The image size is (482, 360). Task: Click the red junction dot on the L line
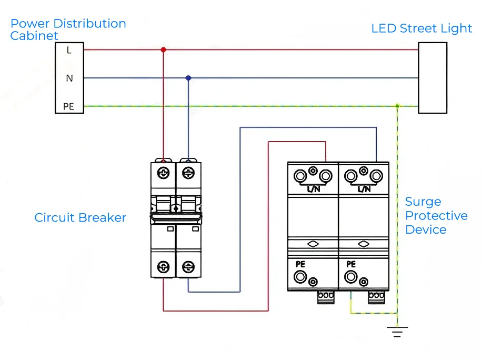[x=163, y=50]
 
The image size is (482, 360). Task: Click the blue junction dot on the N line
[x=188, y=78]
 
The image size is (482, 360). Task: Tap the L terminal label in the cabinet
[x=69, y=51]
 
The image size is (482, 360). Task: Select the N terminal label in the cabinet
[x=69, y=78]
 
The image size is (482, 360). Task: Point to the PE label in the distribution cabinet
[x=69, y=106]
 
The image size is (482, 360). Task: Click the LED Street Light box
[x=433, y=78]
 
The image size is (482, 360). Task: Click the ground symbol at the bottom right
[x=397, y=332]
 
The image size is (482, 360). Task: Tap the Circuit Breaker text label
[x=80, y=217]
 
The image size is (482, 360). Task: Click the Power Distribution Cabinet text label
[x=68, y=29]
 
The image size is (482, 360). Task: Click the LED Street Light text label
[x=421, y=28]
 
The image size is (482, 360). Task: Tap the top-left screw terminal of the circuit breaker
[x=164, y=173]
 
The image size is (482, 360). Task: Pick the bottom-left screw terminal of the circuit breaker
[x=164, y=267]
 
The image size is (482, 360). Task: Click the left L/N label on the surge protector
[x=313, y=188]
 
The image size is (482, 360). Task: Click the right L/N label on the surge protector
[x=364, y=188]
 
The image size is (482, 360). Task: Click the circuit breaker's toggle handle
[x=176, y=215]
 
